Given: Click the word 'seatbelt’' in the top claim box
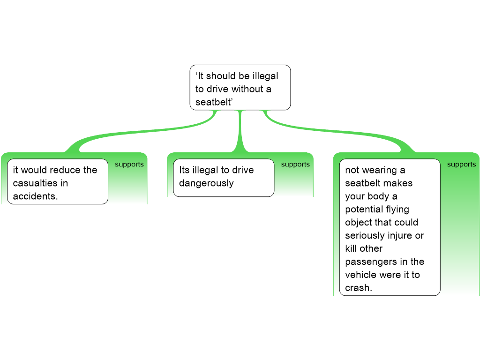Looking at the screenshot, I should coord(213,102).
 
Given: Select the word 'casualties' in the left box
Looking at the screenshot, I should coord(34,183).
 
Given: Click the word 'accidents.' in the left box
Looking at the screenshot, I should coord(35,196).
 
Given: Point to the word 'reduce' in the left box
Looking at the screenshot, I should coord(66,170).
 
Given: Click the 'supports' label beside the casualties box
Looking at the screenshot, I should coord(129,165).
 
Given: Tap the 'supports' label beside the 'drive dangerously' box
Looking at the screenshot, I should coord(295,165).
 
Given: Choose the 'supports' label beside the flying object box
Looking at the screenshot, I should coord(461,165).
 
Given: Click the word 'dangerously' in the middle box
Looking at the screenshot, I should coord(206,183).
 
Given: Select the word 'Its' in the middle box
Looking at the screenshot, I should coord(184,170).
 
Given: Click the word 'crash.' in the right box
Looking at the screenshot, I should coord(359,288).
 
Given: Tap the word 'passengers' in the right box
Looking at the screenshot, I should coord(368,262).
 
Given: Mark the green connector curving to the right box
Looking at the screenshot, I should coord(337,131).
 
